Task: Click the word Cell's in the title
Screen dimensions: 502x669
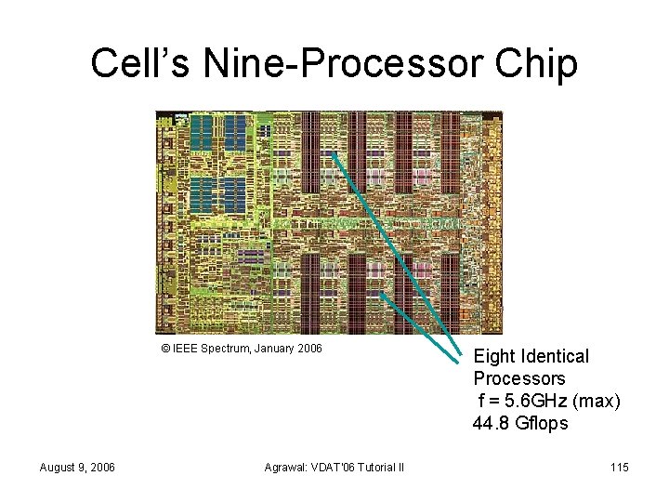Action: (128, 63)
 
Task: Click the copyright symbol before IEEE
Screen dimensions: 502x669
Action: (165, 349)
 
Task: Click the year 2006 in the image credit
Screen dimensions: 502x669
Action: (308, 349)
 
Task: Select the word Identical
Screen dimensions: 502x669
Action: (556, 356)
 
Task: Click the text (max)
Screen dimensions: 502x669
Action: (597, 401)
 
